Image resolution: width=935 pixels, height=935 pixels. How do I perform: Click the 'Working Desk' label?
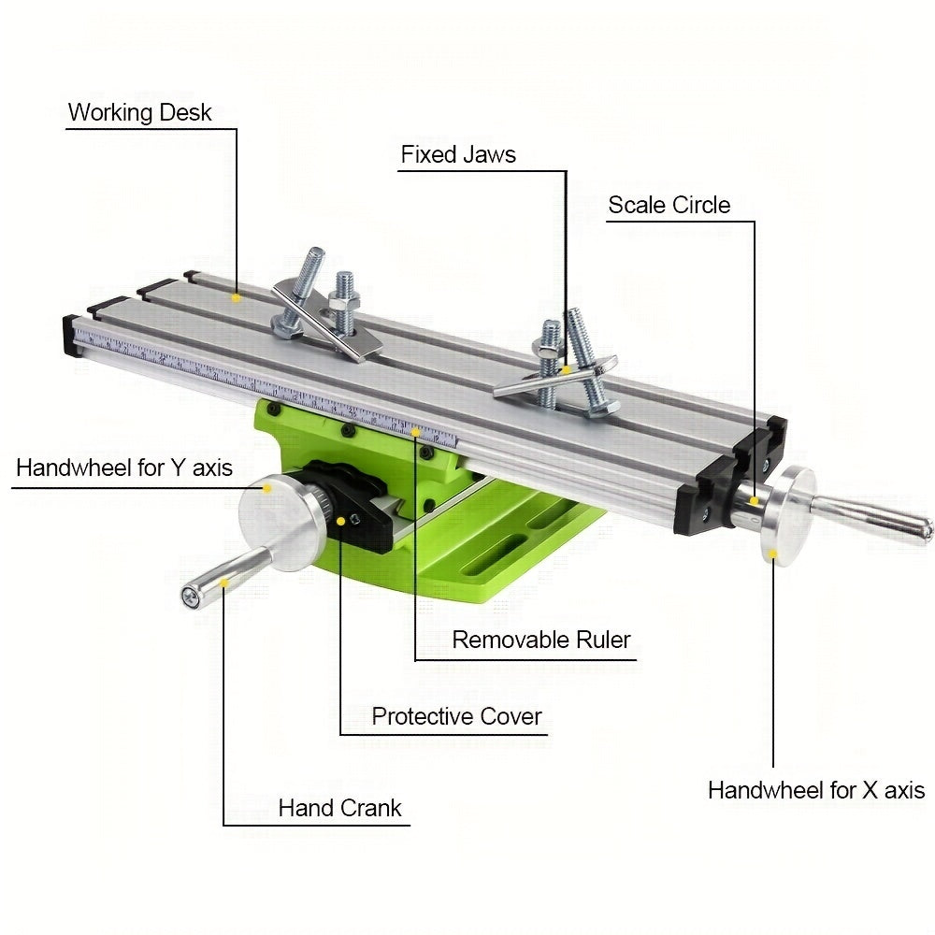click(x=140, y=113)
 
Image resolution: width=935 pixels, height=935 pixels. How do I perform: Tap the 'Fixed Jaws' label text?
click(x=458, y=154)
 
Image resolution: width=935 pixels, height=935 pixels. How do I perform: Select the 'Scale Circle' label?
click(x=669, y=205)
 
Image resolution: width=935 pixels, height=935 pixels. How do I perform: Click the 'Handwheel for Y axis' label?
click(x=124, y=467)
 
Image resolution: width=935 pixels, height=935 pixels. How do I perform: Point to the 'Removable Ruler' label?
click(x=541, y=640)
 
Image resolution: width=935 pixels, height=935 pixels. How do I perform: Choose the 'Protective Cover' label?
click(x=456, y=717)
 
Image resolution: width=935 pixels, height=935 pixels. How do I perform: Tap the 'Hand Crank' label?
click(x=339, y=808)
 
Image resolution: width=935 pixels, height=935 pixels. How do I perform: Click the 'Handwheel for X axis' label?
click(x=815, y=790)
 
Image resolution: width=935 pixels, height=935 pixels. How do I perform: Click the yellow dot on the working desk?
click(x=237, y=296)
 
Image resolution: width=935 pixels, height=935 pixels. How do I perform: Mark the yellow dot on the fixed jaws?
click(x=566, y=370)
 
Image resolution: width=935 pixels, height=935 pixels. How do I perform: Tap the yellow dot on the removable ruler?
click(x=415, y=431)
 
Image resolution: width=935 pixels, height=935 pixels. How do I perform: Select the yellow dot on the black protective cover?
click(x=340, y=520)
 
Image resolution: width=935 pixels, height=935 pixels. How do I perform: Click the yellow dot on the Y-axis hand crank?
click(x=223, y=582)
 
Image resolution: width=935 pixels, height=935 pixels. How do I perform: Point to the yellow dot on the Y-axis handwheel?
click(x=266, y=487)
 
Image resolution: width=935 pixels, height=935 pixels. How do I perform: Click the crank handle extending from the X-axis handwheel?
click(x=870, y=519)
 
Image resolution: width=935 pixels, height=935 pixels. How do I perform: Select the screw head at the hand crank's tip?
click(x=191, y=596)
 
